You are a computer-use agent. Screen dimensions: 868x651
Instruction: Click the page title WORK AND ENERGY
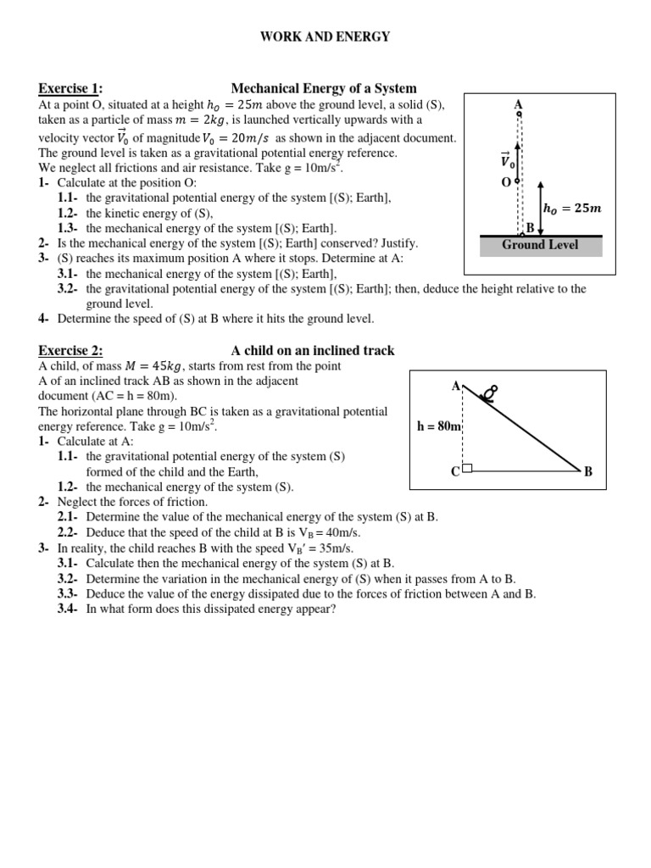325,36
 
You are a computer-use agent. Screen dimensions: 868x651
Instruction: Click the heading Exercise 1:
70,89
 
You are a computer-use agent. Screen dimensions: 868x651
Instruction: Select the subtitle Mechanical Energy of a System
324,89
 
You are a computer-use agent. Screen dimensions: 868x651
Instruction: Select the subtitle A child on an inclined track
313,351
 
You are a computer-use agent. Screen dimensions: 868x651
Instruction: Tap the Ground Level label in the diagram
541,245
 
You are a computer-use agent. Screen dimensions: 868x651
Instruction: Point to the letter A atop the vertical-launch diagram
518,104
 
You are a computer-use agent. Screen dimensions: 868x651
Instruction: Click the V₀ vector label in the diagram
506,160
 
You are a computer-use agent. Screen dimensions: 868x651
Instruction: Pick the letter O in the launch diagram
506,182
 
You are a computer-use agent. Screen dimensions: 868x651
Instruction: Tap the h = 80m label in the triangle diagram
437,426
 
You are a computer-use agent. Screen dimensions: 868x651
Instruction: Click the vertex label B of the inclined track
588,471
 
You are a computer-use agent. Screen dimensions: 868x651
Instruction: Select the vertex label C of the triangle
455,471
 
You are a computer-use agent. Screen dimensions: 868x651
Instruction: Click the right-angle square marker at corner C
467,466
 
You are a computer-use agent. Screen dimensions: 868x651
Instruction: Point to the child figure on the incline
489,392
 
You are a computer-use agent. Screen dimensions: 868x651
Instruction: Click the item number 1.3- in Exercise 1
68,229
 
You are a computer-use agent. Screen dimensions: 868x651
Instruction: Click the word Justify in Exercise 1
396,243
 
